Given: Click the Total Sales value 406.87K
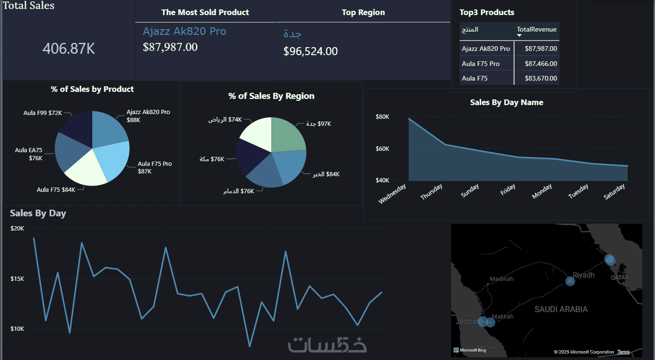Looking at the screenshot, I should coord(69,49).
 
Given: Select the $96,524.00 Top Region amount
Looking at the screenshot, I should coord(310,51).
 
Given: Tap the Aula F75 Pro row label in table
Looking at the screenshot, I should coord(481,64).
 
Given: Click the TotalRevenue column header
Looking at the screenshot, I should coord(536,30).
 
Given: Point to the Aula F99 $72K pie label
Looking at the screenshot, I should coord(43,113).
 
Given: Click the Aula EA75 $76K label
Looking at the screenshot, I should coord(29,154).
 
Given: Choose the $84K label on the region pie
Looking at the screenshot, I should coord(326,174).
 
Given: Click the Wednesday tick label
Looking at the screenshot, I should coord(392,194).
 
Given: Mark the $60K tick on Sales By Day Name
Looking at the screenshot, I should coord(382,149).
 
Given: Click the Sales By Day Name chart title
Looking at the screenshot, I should coord(506,102).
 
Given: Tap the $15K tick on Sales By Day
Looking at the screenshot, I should coord(17,279).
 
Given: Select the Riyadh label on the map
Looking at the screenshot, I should coord(583,275).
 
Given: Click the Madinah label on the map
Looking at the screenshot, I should coord(501,279).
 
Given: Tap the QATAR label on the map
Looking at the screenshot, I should coord(619,278).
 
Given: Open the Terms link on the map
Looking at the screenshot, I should coord(623,352).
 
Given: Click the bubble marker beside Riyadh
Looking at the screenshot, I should coord(570,281).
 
